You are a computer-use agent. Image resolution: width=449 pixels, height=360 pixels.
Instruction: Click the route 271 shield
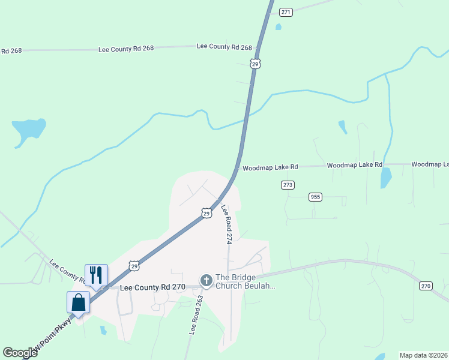(286, 12)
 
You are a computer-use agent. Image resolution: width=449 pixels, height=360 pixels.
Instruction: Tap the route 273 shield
(288, 185)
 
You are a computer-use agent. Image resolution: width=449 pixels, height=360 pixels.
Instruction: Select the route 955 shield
(315, 197)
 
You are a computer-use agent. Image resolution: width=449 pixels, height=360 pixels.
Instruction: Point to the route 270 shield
(426, 286)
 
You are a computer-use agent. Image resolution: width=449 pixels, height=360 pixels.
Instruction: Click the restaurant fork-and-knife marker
(96, 275)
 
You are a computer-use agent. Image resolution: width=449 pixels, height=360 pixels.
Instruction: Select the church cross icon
(206, 280)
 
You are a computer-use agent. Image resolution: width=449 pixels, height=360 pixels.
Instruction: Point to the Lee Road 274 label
(226, 224)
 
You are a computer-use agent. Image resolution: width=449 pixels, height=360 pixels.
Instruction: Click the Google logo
(20, 353)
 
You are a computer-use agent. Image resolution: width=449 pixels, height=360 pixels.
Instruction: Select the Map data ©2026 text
(423, 355)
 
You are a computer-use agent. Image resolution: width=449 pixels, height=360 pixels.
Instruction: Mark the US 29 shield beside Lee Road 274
(206, 214)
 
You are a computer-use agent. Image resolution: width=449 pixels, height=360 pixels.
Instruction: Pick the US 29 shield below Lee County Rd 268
(256, 64)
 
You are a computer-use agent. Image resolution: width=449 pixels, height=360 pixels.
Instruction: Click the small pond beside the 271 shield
(278, 27)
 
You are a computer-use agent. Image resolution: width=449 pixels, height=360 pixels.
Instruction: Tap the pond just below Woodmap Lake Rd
(386, 177)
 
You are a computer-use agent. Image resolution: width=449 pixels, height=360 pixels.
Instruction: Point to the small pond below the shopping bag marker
(103, 330)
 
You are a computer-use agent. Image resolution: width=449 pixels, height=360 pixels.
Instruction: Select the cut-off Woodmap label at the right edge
(430, 164)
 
